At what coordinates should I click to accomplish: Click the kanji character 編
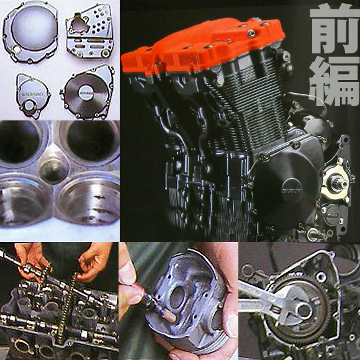tap(335, 82)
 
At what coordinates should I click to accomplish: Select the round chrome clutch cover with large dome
tap(30, 32)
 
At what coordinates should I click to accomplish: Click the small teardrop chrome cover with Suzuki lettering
tap(32, 96)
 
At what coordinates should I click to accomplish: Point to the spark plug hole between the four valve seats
tap(53, 170)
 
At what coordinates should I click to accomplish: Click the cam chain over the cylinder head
tap(66, 305)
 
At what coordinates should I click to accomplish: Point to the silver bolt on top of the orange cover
tap(251, 34)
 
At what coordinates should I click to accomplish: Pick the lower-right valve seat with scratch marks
tap(88, 199)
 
